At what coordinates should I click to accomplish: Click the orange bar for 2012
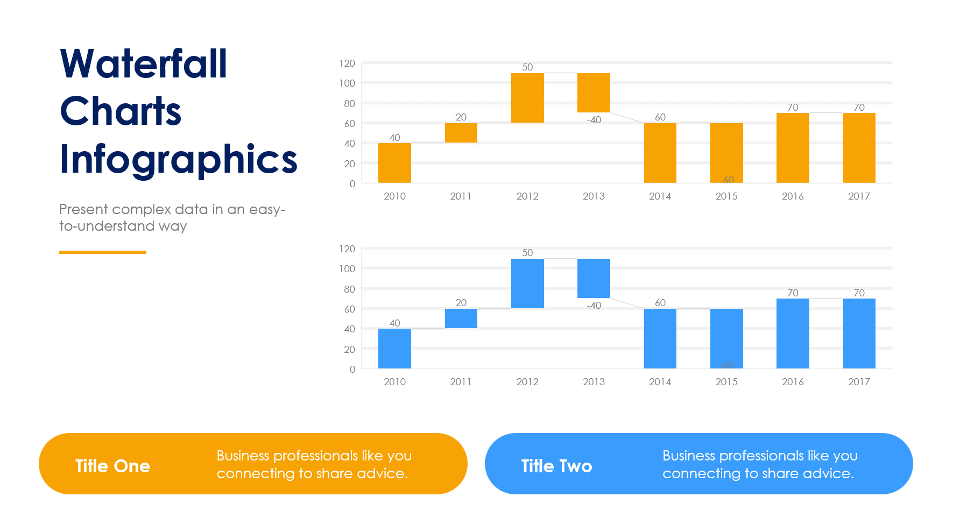527,98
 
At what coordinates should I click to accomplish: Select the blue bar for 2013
594,278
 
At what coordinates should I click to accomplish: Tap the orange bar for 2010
394,163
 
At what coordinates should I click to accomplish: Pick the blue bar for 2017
859,334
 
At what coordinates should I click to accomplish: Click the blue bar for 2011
461,318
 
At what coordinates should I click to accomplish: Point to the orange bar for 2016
793,148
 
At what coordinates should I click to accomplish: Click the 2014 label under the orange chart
660,196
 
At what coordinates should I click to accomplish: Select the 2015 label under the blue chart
726,382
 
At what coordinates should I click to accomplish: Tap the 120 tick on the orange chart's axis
347,63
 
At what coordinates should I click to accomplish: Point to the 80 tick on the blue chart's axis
349,289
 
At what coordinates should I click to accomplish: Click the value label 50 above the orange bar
527,67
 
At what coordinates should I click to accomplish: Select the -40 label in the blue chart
594,306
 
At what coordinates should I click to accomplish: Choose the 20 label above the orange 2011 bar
461,117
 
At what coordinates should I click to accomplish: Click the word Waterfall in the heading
144,64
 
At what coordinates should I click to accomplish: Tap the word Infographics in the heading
178,159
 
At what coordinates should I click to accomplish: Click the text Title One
112,466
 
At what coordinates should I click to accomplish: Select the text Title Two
556,466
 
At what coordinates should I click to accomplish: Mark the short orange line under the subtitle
102,252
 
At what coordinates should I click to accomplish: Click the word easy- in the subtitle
267,209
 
